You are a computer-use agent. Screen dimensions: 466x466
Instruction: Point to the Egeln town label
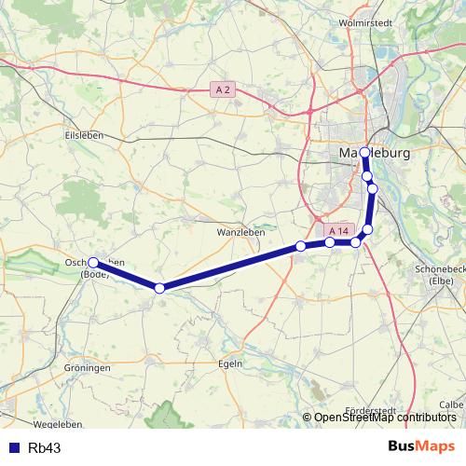coord(230,363)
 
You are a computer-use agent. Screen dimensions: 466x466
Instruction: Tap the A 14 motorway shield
coord(338,230)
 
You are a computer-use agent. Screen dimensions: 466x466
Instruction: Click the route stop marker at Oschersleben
coord(94,263)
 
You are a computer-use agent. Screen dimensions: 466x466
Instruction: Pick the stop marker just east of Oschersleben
coord(159,288)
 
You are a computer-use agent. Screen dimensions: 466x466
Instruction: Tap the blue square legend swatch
coord(15,447)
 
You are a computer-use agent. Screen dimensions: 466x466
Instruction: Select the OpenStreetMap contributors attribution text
coord(385,418)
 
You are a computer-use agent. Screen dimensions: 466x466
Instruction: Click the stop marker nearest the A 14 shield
coord(330,242)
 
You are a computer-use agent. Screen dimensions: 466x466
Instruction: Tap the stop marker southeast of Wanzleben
coord(300,246)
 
